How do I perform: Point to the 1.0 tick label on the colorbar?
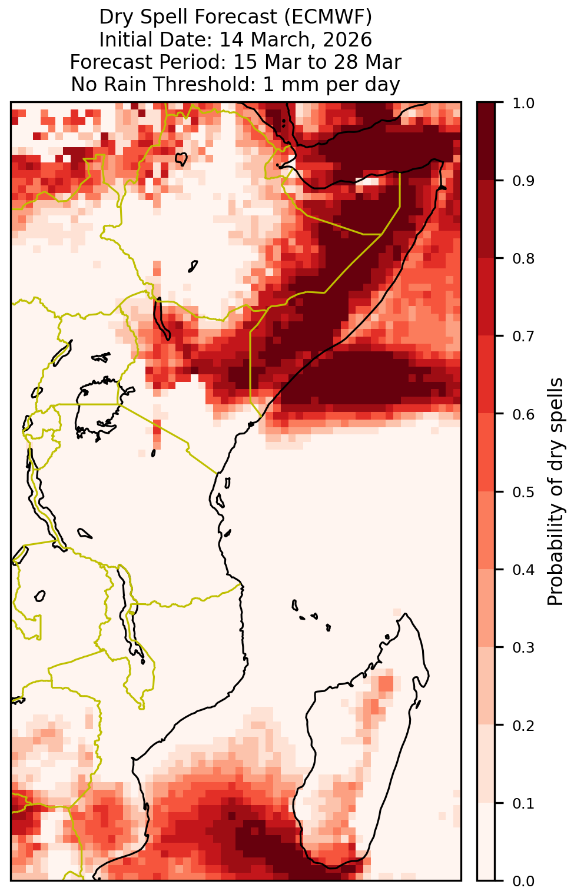click(523, 104)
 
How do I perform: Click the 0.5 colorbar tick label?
click(523, 492)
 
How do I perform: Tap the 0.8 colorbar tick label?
click(523, 259)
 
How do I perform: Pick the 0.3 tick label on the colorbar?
click(523, 647)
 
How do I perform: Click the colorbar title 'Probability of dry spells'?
click(555, 492)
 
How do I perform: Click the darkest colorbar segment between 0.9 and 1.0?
click(486, 141)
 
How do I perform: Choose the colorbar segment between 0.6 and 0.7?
click(486, 374)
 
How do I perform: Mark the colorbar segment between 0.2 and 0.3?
click(486, 686)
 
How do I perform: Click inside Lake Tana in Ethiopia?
click(181, 159)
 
